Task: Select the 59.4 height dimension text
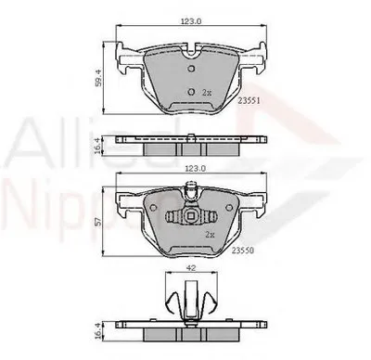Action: tap(99, 79)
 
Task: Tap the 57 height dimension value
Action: tap(97, 222)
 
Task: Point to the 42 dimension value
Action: tap(192, 268)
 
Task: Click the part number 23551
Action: tap(249, 100)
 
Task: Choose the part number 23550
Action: tap(243, 251)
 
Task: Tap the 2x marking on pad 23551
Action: tap(207, 92)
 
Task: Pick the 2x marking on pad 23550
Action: tap(210, 235)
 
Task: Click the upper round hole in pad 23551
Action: tap(191, 69)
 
